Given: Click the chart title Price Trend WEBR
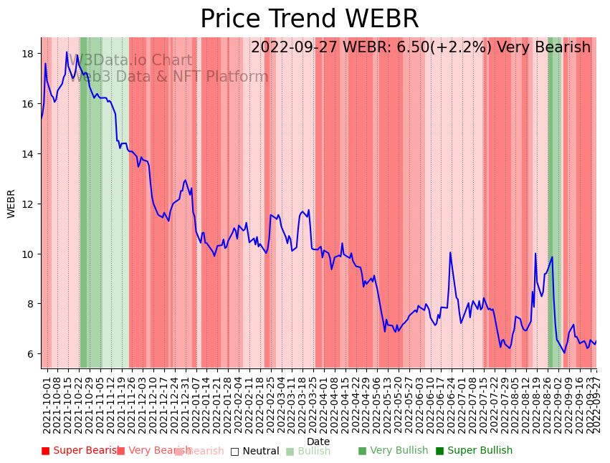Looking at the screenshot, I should click(309, 19).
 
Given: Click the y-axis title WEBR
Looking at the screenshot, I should click(11, 204).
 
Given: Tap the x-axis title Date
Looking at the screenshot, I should click(318, 442).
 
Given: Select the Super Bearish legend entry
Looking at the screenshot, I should click(81, 451).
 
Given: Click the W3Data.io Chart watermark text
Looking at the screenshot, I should click(131, 61).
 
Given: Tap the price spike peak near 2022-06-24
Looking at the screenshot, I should click(450, 252).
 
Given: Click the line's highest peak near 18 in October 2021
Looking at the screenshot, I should click(67, 52).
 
